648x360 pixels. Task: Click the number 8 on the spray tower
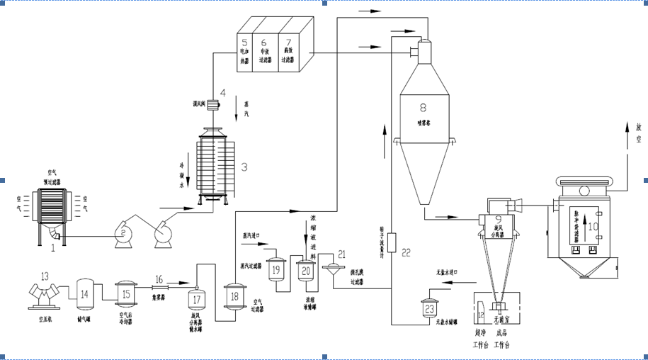coord(423,108)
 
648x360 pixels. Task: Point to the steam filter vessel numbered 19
coord(276,269)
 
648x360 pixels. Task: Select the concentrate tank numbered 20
coord(306,269)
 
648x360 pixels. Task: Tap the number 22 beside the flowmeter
coord(406,253)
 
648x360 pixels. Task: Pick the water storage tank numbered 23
coord(429,308)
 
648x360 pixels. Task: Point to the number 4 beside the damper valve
coord(222,93)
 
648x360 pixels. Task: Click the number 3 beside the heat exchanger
coord(244,167)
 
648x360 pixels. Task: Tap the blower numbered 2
coord(123,233)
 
